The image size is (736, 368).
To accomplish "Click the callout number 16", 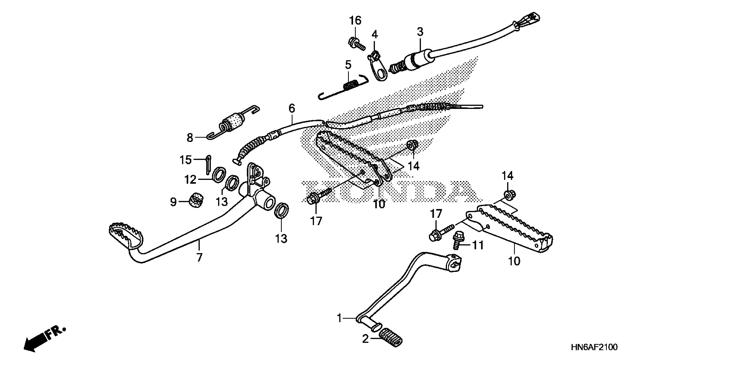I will [355, 21].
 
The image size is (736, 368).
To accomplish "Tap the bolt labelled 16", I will [356, 44].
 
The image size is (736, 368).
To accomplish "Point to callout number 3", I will [420, 32].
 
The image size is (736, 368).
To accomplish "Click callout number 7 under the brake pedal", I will [199, 257].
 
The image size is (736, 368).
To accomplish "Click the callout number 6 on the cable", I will [291, 109].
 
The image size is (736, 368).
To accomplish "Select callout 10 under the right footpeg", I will [514, 261].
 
